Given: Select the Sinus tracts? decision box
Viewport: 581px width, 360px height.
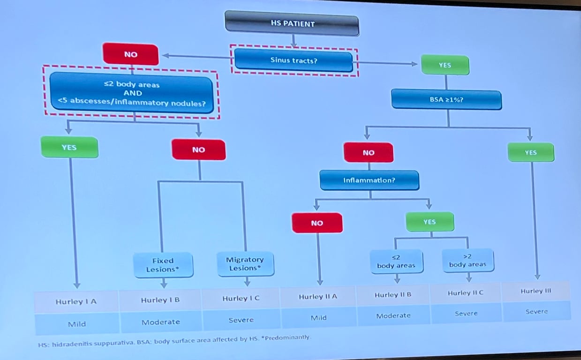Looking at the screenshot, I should click(x=294, y=61).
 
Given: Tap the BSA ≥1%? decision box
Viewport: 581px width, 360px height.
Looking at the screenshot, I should click(x=446, y=100).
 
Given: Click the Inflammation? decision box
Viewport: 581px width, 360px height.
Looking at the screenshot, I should click(x=369, y=180).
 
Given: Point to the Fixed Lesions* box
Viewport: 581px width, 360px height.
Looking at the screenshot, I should click(x=163, y=265).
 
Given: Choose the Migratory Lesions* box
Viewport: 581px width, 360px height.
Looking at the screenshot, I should click(x=245, y=264).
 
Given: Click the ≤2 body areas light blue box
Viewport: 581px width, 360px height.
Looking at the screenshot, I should click(x=396, y=262).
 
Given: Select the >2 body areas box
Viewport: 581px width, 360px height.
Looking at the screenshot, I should click(x=467, y=261).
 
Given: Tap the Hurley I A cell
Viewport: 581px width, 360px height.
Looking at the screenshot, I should click(x=76, y=302).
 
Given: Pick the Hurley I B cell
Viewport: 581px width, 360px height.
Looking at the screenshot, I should click(x=160, y=300).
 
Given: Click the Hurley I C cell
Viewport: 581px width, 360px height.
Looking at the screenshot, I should click(x=241, y=299).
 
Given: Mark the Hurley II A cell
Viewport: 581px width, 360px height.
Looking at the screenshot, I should click(x=318, y=297).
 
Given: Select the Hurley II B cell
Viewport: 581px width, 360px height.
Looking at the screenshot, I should click(x=393, y=295).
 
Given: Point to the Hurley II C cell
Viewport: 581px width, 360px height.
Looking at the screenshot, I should click(x=465, y=293).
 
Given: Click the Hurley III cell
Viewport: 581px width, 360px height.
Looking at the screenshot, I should click(x=536, y=291).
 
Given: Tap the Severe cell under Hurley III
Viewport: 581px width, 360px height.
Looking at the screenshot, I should click(x=536, y=312).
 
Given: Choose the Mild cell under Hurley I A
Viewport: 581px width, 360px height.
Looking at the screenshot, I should click(x=76, y=324).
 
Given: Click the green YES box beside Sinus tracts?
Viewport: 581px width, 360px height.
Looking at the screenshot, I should click(x=445, y=65).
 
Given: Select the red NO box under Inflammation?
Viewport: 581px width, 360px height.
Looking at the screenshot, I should click(x=317, y=223).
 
